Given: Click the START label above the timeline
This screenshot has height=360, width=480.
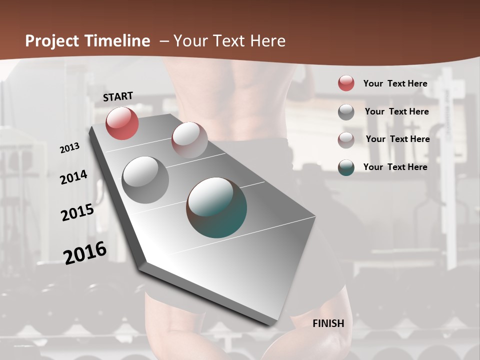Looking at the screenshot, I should [118, 96].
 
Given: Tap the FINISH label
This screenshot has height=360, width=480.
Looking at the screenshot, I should [328, 323].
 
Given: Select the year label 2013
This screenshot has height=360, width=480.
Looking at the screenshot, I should [70, 148].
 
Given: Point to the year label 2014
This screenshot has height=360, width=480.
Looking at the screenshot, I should [73, 177].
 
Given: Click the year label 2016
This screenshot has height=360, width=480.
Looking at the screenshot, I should [85, 252].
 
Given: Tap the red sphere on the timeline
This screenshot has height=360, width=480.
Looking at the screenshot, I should [122, 123].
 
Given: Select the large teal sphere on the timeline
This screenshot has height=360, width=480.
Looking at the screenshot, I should [216, 207].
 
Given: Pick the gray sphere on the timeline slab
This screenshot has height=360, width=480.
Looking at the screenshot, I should [145, 180].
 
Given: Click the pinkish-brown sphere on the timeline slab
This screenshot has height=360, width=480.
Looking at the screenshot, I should [189, 140].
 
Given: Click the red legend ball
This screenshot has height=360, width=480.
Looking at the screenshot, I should [346, 83].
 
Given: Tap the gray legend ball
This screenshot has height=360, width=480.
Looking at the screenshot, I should [346, 112].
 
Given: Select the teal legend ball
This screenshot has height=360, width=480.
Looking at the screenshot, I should [346, 167].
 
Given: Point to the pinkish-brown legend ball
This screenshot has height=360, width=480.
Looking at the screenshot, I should [346, 140].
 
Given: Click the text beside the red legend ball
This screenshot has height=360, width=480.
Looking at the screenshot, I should [395, 83].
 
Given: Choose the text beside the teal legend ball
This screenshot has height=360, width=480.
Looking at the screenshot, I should [395, 167].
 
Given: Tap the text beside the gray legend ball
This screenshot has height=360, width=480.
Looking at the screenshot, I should [396, 111].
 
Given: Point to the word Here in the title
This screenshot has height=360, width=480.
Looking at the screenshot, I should [268, 41].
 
